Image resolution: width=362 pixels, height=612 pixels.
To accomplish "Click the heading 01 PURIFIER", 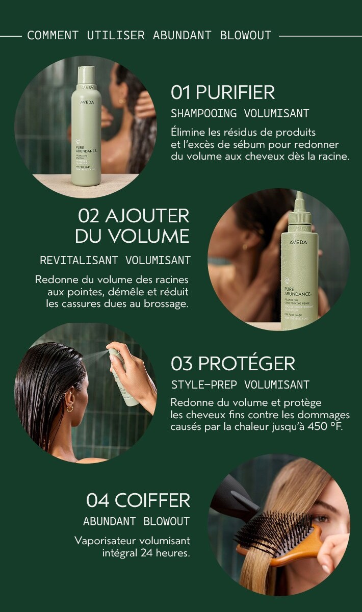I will [x=223, y=92].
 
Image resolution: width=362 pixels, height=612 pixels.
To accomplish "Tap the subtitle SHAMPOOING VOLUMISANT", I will [x=240, y=113].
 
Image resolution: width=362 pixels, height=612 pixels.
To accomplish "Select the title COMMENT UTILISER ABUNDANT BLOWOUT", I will [x=149, y=36].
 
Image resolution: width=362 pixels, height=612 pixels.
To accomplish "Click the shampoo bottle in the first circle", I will [x=86, y=133].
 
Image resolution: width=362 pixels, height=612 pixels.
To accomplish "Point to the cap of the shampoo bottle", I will [x=86, y=74].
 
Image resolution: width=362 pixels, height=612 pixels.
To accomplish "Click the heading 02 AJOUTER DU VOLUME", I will [x=133, y=225].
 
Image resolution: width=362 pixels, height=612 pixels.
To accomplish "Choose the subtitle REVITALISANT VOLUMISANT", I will [x=115, y=261].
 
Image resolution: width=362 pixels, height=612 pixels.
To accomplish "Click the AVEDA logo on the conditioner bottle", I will [x=298, y=242].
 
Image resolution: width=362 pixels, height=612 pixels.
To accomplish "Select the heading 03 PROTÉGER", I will [x=232, y=364].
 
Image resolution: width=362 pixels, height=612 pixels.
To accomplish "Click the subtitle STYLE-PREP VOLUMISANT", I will [x=240, y=385].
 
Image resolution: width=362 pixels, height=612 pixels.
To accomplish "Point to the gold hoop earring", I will [x=70, y=407].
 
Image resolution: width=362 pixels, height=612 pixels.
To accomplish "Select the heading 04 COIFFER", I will [x=138, y=500].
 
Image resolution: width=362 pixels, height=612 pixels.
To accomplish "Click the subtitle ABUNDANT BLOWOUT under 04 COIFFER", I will [x=136, y=521].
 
